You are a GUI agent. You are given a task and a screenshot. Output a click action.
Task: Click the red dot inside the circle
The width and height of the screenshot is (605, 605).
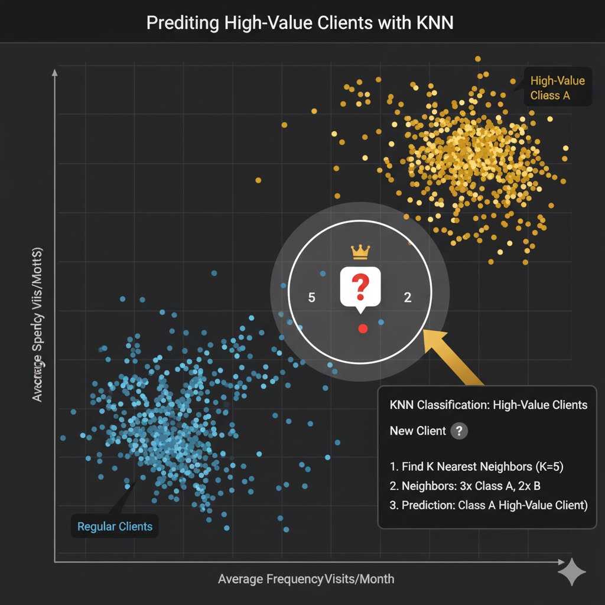pyautogui.click(x=363, y=328)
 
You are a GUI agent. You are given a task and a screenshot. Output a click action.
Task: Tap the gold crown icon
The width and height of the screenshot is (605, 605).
pyautogui.click(x=360, y=252)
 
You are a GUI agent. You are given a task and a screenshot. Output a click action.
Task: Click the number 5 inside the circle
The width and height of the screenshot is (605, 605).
pyautogui.click(x=312, y=298)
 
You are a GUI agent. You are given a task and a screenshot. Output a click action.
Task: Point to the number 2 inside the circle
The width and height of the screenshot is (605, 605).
pyautogui.click(x=407, y=298)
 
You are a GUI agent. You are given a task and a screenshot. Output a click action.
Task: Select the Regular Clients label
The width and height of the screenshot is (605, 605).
pyautogui.click(x=115, y=526)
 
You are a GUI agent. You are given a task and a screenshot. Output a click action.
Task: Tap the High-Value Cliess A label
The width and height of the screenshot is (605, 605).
pyautogui.click(x=557, y=88)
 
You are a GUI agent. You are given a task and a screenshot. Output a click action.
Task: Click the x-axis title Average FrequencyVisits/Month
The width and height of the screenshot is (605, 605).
pyautogui.click(x=305, y=579)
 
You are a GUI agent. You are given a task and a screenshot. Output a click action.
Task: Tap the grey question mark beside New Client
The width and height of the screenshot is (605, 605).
pyautogui.click(x=459, y=431)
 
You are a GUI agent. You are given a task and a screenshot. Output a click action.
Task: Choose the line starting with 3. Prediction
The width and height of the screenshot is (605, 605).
pyautogui.click(x=489, y=506)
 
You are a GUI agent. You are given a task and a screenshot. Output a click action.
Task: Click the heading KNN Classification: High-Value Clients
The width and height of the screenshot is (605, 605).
pyautogui.click(x=489, y=405)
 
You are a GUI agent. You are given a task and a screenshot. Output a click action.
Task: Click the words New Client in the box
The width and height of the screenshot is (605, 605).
pyautogui.click(x=418, y=431)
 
